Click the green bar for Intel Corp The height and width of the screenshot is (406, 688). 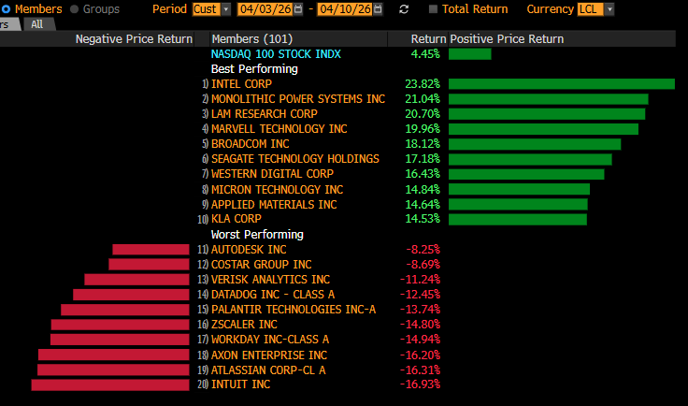(561, 84)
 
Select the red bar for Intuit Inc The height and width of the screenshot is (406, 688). (110, 384)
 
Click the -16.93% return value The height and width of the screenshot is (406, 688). (422, 384)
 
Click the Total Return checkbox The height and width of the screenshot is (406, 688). (433, 8)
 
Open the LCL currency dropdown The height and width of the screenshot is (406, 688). (596, 8)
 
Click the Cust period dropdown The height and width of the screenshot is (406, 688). (211, 8)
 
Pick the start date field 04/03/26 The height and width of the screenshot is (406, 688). (265, 8)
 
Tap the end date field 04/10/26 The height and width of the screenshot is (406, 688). (345, 8)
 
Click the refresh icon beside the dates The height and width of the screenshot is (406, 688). (404, 8)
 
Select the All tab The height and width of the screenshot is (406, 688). (37, 24)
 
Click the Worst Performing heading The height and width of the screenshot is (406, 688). (257, 234)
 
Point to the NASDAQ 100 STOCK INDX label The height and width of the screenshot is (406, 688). (263, 54)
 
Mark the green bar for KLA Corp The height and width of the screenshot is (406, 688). (517, 219)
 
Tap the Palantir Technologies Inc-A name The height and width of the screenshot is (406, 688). (294, 310)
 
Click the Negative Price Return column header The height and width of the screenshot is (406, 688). (134, 39)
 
